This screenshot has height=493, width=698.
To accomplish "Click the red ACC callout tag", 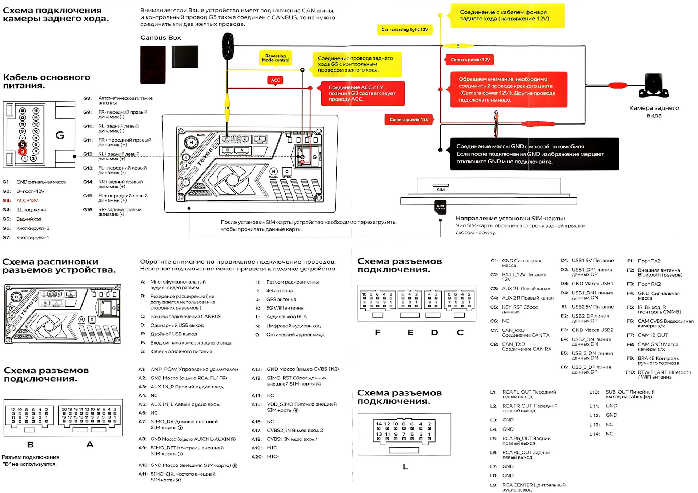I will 276,80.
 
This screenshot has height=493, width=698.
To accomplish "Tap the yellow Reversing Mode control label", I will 276,58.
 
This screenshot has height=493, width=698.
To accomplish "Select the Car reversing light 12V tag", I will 405,30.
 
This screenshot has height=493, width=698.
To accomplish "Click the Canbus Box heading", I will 160,38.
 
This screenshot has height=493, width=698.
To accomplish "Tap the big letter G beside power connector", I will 60,135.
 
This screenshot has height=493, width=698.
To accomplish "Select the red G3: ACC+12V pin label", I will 22,200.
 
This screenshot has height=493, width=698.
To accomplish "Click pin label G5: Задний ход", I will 23,219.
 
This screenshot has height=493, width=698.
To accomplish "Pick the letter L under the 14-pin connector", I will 405,467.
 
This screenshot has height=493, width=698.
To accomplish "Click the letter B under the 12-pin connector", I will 31,444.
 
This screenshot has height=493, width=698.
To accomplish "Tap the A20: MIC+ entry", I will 266,457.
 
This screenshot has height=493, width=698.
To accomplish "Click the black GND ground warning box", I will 534,154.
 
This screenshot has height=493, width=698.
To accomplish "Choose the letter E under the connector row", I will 410,333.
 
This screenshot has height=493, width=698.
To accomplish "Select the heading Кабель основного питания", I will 47,81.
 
